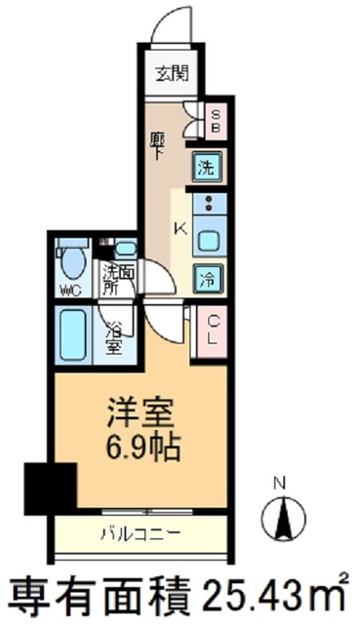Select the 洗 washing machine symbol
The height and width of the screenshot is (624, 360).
pos(206,167)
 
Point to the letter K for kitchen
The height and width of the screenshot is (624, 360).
pos(179,230)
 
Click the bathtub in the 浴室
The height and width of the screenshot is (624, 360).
pos(71,334)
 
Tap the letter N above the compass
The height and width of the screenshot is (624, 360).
pos(281,483)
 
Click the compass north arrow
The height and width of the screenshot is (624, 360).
pos(284,517)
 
